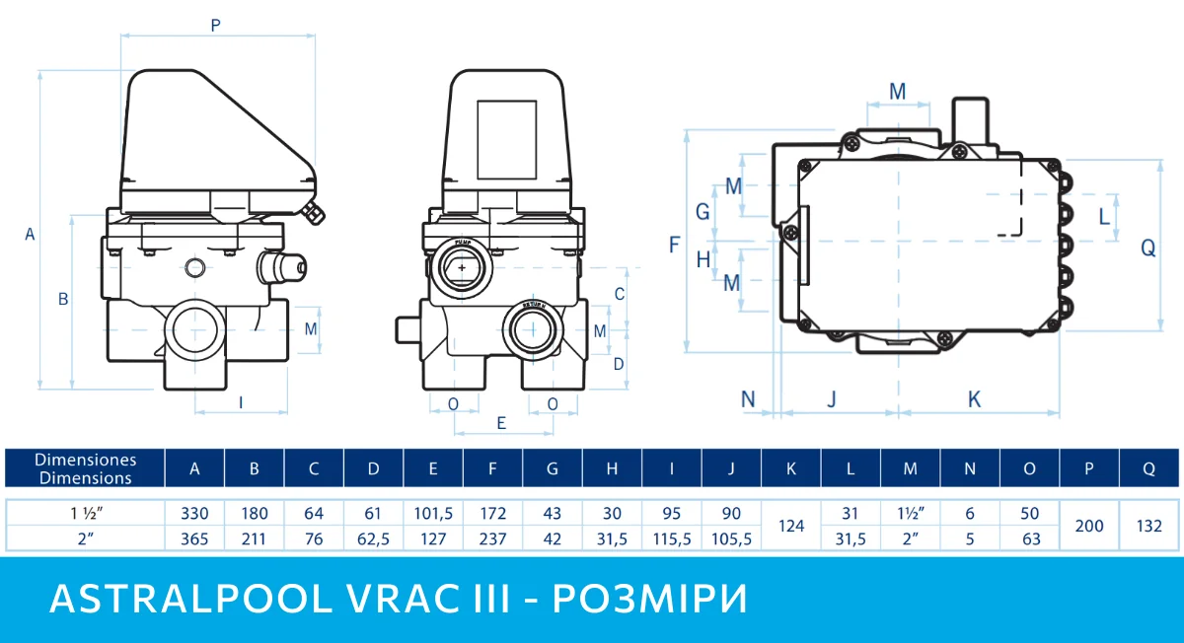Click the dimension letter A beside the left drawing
pyautogui.click(x=30, y=234)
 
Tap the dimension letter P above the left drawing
pyautogui.click(x=215, y=27)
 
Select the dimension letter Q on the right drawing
pyautogui.click(x=1148, y=249)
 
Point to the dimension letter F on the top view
pyautogui.click(x=675, y=245)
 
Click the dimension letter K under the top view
pyautogui.click(x=974, y=399)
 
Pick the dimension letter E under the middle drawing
pyautogui.click(x=501, y=423)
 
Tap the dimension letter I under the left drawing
pyautogui.click(x=241, y=401)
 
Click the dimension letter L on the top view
pyautogui.click(x=1103, y=216)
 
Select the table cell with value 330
pyautogui.click(x=194, y=514)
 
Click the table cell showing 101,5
pyautogui.click(x=433, y=514)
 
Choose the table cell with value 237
pyautogui.click(x=492, y=539)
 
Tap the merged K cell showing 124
pyautogui.click(x=791, y=527)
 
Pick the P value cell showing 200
pyautogui.click(x=1088, y=527)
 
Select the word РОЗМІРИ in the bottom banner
pyautogui.click(x=650, y=600)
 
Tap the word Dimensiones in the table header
pyautogui.click(x=85, y=461)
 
